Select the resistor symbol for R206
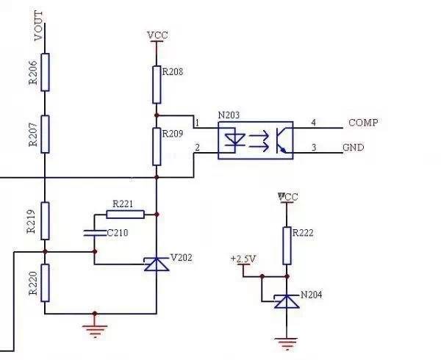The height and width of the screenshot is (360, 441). coord(45,71)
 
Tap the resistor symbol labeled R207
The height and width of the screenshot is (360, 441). coord(45,134)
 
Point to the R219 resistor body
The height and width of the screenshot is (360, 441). coord(45,220)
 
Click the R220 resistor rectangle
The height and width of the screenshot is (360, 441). coord(45,282)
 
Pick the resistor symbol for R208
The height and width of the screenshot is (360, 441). coord(157,84)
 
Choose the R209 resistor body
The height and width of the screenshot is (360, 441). coord(157,145)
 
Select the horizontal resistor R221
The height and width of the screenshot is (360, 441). coord(125,215)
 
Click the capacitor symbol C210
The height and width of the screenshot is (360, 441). coord(93,233)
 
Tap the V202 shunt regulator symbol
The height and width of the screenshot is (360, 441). coord(157,263)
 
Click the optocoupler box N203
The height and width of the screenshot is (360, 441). coord(255,140)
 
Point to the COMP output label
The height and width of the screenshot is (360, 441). coord(363,123)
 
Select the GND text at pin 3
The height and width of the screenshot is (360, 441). coord(354,148)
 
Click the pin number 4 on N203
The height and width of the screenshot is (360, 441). coord(314,122)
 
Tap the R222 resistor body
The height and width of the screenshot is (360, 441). coord(286,245)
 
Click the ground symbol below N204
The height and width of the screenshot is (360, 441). coord(285,341)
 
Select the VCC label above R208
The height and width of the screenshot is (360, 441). coord(157,35)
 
